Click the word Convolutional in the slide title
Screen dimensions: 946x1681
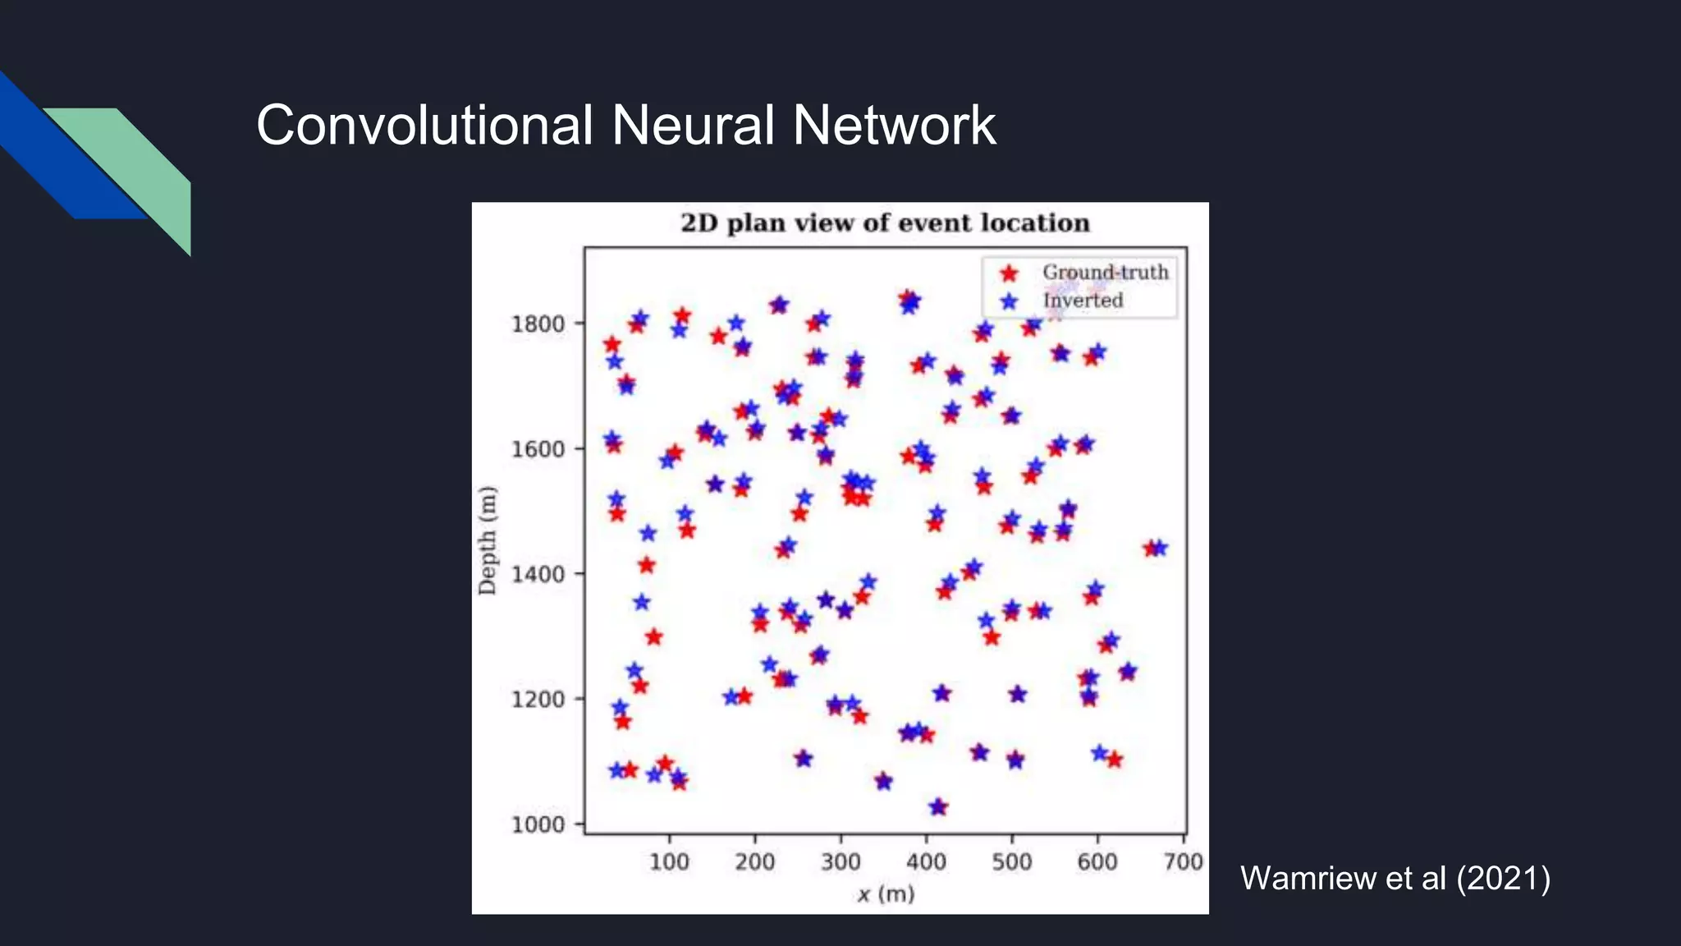[x=424, y=126]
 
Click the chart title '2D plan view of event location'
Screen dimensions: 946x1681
[x=885, y=223]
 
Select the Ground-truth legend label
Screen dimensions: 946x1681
[x=1105, y=272]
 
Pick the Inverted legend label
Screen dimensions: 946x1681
[x=1083, y=301]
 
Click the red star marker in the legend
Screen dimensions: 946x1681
[x=1010, y=273]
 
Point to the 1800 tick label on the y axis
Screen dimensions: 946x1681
[x=538, y=324]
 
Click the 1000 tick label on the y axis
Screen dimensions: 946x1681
[x=538, y=824]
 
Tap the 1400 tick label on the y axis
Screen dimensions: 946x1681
[x=538, y=574]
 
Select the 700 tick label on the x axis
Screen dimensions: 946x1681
[x=1184, y=861]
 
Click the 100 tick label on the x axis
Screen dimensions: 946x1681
[x=669, y=861]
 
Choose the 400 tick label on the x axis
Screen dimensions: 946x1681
[x=926, y=861]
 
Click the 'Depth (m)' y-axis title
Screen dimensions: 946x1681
[x=488, y=540]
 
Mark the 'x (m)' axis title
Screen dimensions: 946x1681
[x=886, y=894]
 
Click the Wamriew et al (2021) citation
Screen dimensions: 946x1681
[x=1395, y=878]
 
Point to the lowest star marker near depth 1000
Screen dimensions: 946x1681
[x=938, y=807]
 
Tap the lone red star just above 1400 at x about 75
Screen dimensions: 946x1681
[x=647, y=565]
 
